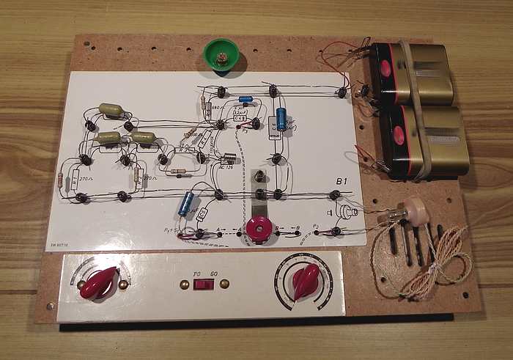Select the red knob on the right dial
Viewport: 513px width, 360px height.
[x=304, y=279]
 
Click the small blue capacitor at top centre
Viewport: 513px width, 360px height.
[x=246, y=99]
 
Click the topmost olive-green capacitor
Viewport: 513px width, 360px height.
[x=112, y=110]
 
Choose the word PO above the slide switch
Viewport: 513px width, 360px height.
[x=196, y=273]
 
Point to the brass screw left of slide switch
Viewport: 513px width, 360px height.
[x=182, y=283]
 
